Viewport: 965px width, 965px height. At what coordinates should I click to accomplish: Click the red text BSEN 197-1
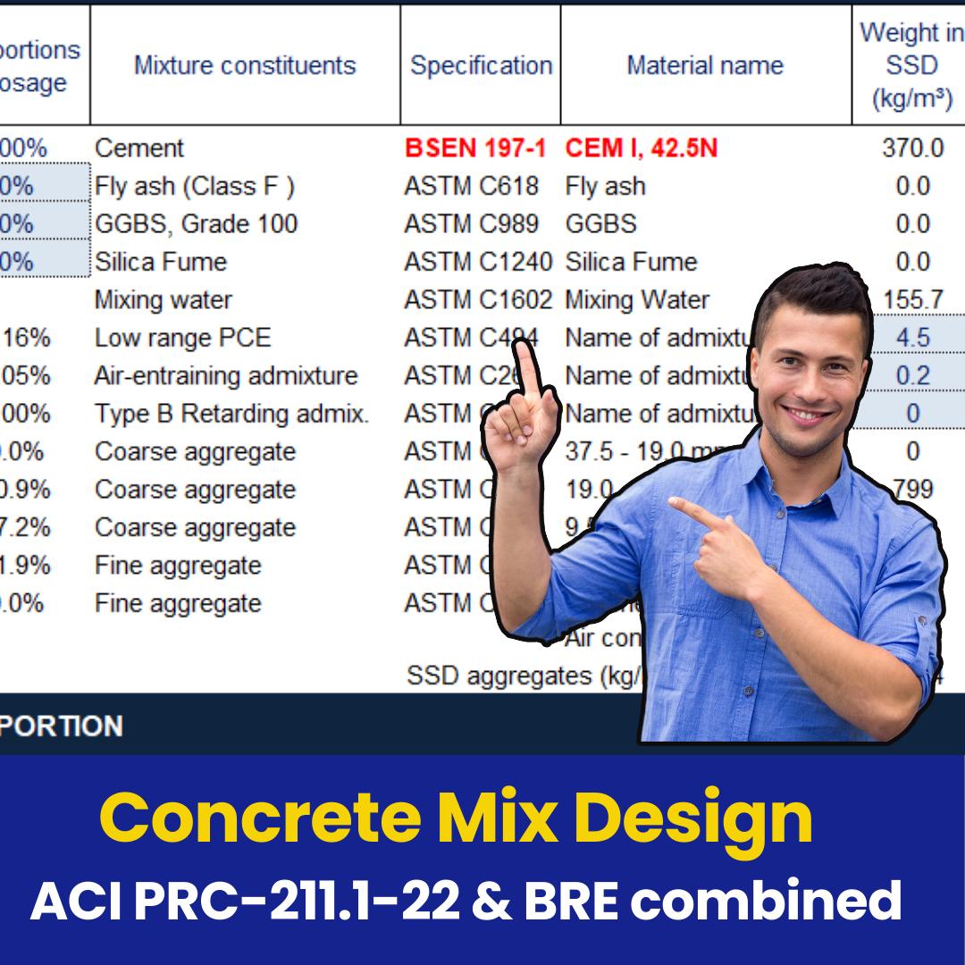(x=474, y=148)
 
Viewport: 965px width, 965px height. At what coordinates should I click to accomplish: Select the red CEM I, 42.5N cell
(x=641, y=148)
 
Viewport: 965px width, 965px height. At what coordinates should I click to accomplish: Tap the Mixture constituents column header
(x=245, y=65)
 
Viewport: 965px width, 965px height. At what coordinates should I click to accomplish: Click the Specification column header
(x=481, y=65)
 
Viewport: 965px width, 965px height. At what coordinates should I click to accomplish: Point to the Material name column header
(x=704, y=65)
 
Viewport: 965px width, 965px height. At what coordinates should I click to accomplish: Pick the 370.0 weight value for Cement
(x=911, y=148)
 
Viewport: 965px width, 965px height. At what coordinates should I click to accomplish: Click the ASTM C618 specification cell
(x=471, y=186)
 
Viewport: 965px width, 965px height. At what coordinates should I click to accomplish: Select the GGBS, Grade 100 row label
(x=197, y=224)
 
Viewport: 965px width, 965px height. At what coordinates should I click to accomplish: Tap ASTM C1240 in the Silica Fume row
(x=478, y=262)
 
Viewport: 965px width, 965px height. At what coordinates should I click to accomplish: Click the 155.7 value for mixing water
(x=912, y=300)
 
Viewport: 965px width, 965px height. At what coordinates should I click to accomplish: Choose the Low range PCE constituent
(x=182, y=338)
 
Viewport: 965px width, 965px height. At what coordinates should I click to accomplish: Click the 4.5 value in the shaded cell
(x=912, y=338)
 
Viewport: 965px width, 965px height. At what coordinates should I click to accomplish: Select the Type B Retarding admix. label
(x=231, y=414)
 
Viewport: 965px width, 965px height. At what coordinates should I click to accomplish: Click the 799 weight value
(x=913, y=490)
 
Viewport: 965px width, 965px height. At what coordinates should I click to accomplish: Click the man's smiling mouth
(x=806, y=415)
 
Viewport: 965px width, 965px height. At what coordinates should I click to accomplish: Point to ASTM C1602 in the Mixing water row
(x=478, y=300)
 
